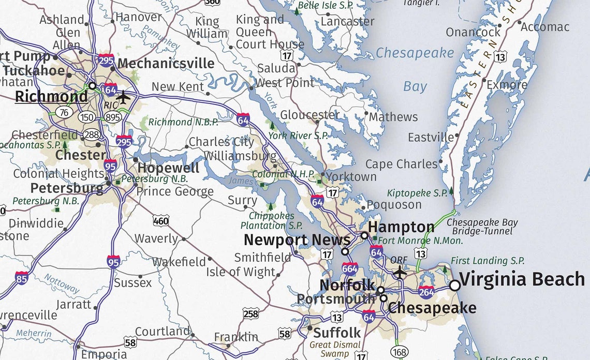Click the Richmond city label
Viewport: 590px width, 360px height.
[51, 97]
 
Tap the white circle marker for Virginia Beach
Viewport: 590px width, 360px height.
[454, 285]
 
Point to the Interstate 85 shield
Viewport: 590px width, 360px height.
[22, 278]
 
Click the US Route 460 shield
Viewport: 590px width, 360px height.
[160, 221]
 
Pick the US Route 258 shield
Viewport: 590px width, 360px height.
[250, 313]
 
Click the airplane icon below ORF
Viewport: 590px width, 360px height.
[399, 272]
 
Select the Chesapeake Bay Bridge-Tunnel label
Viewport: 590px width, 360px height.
[482, 227]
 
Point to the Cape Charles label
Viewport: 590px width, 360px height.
[401, 164]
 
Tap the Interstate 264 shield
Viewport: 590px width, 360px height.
[426, 292]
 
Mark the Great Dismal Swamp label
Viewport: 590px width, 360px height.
[335, 349]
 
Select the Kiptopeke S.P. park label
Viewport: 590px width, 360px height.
[417, 193]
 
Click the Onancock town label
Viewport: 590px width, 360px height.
[473, 32]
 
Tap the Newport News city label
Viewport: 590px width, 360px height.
[297, 240]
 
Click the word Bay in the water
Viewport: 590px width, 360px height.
[415, 86]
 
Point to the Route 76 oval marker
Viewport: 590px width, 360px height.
[64, 112]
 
